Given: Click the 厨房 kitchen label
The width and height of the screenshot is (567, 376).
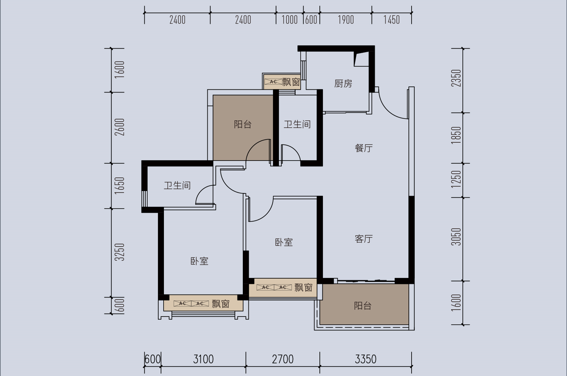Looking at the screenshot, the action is click(343, 84).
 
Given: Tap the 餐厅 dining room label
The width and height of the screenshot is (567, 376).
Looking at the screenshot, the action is click(364, 148).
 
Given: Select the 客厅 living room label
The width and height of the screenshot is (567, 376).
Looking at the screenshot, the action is click(364, 239).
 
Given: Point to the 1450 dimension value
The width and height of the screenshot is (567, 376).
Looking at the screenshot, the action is click(391, 20).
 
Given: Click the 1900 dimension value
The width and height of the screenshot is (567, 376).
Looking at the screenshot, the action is click(346, 20).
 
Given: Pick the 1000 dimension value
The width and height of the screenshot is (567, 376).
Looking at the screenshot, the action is click(290, 20).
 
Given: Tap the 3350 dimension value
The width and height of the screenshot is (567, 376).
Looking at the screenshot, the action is click(366, 359).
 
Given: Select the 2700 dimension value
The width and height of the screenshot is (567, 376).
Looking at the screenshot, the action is click(283, 359).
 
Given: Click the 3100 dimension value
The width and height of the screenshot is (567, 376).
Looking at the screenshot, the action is click(203, 359).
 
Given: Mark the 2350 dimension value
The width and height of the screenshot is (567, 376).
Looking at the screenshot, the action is click(456, 78).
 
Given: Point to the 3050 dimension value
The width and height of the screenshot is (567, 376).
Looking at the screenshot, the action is click(456, 237).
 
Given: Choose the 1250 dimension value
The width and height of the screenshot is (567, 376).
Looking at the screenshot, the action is click(456, 179).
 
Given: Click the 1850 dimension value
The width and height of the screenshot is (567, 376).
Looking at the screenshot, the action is click(456, 135).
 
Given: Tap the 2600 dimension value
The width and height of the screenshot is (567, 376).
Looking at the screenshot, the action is click(120, 127).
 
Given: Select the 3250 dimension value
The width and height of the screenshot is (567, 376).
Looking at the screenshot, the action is click(120, 252).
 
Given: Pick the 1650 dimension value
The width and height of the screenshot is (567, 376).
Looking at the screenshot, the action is click(120, 185).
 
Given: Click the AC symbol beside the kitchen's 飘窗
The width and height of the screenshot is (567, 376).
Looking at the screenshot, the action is click(273, 82).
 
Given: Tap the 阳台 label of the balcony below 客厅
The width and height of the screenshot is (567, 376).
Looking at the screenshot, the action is click(363, 306).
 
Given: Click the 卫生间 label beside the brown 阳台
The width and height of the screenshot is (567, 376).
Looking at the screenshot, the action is click(297, 124).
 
